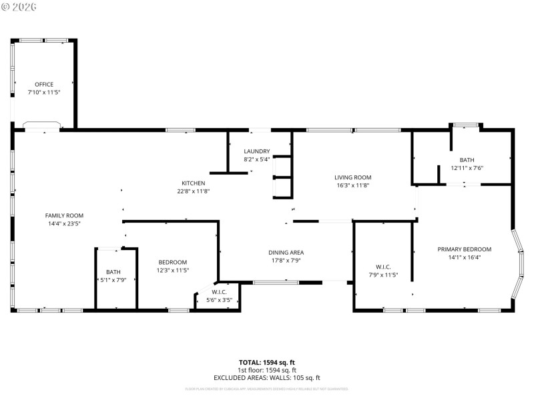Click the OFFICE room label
click(44, 85)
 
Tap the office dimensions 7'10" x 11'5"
click(44, 93)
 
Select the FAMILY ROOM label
click(64, 215)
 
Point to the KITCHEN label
click(194, 183)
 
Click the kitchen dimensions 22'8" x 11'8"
click(194, 191)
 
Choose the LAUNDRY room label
click(256, 151)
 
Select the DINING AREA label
click(286, 253)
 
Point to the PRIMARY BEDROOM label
click(464, 249)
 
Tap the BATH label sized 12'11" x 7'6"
click(467, 160)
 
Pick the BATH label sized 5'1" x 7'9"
click(113, 272)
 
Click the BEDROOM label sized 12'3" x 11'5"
click(172, 262)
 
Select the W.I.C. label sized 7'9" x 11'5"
click(383, 267)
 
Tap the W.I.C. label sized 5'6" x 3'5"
click(220, 292)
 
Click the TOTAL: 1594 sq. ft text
click(267, 363)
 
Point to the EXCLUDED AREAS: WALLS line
click(267, 378)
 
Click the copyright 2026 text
click(19, 6)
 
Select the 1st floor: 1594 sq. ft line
click(267, 370)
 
